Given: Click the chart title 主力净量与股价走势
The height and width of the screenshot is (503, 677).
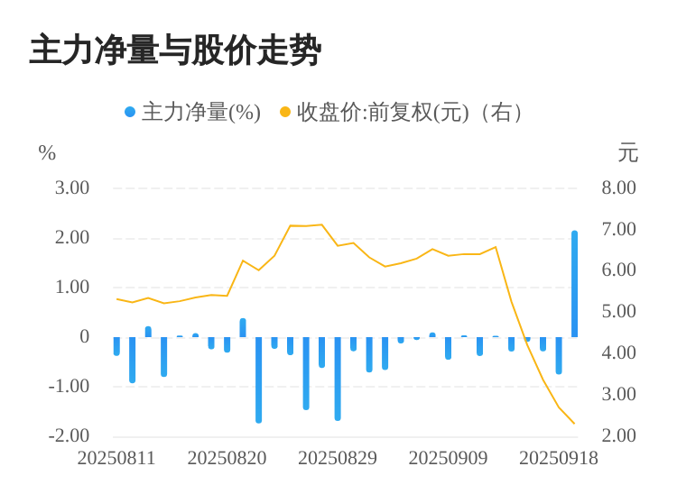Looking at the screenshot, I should [x=175, y=50].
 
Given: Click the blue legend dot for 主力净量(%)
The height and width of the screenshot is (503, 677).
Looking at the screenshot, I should [x=130, y=112].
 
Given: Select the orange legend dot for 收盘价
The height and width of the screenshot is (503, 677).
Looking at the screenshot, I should [x=285, y=112].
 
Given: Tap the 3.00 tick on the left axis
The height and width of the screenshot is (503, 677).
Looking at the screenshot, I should [x=72, y=187].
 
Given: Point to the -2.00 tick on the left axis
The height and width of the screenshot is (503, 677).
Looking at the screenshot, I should [x=69, y=435].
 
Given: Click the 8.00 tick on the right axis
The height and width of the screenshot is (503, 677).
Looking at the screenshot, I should [x=619, y=187].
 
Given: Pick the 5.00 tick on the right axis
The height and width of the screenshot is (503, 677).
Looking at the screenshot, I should [x=619, y=311].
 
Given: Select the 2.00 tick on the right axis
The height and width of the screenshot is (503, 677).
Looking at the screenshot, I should [x=619, y=435].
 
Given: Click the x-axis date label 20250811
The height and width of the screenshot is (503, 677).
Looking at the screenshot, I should [x=116, y=458].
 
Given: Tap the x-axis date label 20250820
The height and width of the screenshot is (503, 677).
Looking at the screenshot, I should [x=227, y=458].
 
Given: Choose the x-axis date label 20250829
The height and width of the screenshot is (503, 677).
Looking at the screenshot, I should [x=338, y=458].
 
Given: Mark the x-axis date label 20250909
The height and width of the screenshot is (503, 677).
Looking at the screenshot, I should [x=448, y=458].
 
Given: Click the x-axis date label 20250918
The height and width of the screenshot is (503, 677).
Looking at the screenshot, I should [x=559, y=458].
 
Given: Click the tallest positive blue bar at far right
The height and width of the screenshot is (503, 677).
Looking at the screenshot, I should [x=574, y=284].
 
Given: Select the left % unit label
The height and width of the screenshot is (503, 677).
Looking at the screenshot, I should [x=47, y=153].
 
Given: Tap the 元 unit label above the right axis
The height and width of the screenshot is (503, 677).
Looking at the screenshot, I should [x=627, y=153].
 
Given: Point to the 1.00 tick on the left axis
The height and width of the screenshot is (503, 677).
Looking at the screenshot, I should [x=72, y=287].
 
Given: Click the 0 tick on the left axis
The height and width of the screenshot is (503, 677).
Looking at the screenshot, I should [x=85, y=336].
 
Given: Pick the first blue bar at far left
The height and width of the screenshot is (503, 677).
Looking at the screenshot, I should [x=116, y=346].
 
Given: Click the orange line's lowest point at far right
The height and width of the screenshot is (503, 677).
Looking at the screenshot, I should [x=574, y=424].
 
